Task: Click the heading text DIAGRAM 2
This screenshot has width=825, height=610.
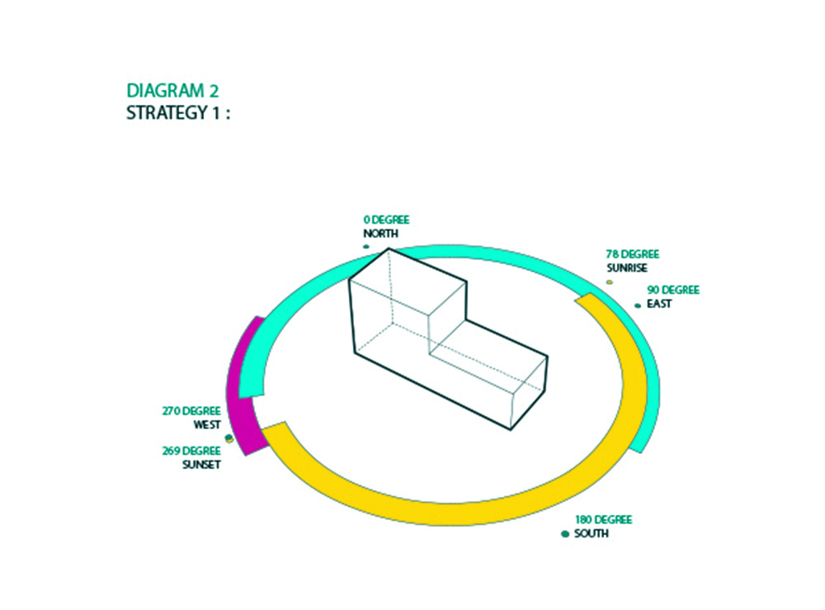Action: coord(172,91)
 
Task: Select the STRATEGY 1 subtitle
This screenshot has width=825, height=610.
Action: coord(178,112)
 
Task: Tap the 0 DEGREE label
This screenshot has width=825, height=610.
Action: coord(386,220)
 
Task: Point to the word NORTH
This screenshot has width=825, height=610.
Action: coord(380,234)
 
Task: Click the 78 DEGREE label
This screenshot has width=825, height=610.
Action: coord(633,254)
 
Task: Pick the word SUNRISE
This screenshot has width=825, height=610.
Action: coord(627,268)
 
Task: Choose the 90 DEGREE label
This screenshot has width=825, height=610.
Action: coord(673,290)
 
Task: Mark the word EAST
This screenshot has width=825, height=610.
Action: coord(658,304)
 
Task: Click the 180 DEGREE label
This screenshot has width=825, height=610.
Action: coord(604,520)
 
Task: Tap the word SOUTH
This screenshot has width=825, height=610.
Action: coord(592,534)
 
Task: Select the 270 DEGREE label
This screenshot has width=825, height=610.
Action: coord(191,411)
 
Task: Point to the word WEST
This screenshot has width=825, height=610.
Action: coord(207,425)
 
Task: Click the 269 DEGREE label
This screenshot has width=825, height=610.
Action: coord(191,451)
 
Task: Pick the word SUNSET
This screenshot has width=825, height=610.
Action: coord(201,465)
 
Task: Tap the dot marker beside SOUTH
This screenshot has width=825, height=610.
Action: coord(565,534)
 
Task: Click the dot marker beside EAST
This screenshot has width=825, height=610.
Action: coord(638,305)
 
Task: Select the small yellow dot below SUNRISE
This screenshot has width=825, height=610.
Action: coord(610,282)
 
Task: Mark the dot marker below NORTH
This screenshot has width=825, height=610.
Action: coord(366,246)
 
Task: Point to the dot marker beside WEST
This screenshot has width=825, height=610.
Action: coord(229,437)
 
